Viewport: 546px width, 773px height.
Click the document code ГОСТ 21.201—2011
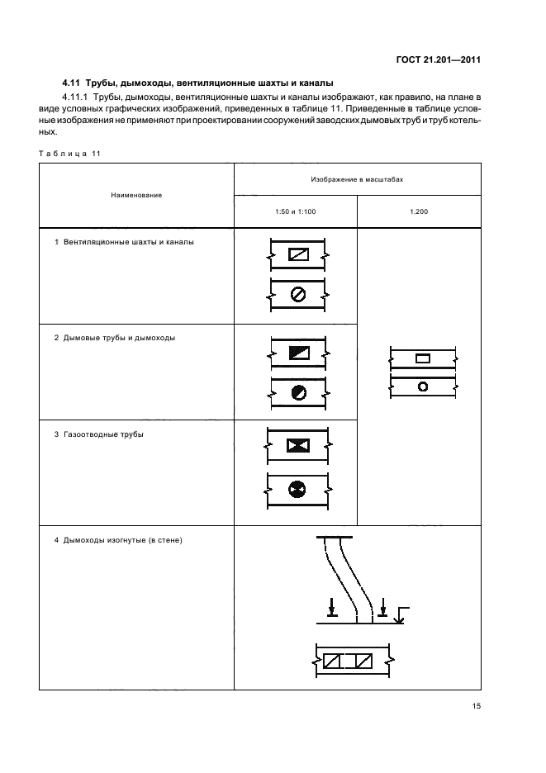point(438,59)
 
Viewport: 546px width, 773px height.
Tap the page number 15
point(476,706)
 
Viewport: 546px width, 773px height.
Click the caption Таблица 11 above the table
point(69,154)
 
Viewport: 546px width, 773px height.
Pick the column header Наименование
point(136,195)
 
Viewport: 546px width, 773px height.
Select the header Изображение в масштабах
point(357,179)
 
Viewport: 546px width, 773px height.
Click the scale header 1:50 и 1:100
point(296,211)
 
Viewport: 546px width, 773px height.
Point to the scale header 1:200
point(419,211)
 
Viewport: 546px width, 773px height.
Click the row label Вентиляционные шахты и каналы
point(129,242)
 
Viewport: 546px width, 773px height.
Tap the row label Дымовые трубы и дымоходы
point(120,338)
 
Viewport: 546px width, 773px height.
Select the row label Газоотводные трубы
point(103,434)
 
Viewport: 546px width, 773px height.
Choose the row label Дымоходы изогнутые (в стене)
point(123,540)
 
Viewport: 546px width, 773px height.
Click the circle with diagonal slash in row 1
point(298,295)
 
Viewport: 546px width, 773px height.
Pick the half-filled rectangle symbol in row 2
point(299,353)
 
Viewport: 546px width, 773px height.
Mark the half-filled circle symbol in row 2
point(298,392)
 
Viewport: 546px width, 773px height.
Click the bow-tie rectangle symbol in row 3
point(298,446)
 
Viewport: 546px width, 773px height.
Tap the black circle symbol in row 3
point(297,490)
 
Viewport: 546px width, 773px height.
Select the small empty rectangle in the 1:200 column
point(423,358)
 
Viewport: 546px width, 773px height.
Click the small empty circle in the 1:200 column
point(423,386)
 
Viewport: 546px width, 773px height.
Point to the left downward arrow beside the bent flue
point(331,607)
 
